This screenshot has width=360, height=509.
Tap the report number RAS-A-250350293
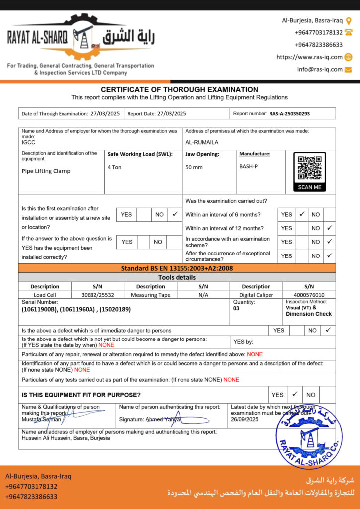coord(289,114)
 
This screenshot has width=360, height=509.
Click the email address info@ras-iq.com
coord(320,69)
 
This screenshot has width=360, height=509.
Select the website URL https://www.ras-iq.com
coord(309,57)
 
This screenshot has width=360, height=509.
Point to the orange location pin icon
coord(349,21)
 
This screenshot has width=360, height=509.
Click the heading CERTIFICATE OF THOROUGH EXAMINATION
coord(180,89)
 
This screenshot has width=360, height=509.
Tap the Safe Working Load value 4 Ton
coord(115,167)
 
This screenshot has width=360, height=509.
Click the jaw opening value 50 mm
coord(194,167)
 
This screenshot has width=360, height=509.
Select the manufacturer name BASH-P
coord(249,166)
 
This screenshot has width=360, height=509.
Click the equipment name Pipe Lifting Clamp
coord(46,171)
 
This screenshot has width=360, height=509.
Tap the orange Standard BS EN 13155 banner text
coord(177,268)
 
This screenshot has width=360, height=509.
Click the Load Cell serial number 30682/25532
coord(97,295)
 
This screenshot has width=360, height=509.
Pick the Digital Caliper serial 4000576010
coord(309,295)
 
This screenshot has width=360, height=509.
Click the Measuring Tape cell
coord(150,295)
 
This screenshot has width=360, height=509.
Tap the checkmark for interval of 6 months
coord(302,214)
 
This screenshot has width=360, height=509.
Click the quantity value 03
coord(236,308)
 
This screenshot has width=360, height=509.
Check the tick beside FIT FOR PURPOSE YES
coord(295,394)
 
